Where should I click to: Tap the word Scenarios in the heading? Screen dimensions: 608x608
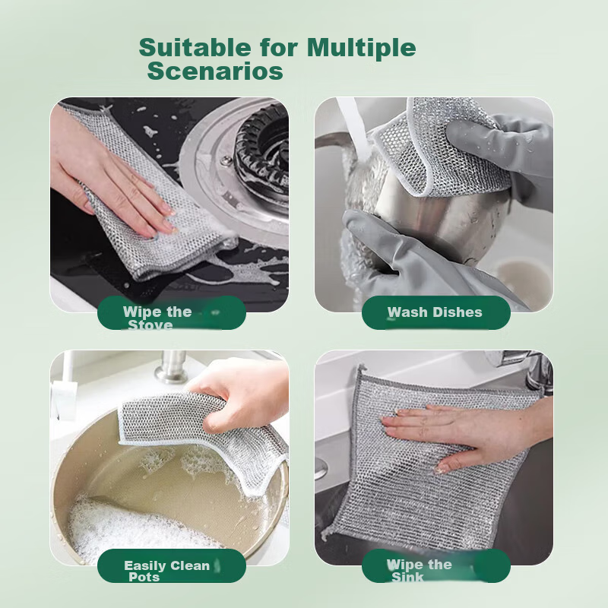215,71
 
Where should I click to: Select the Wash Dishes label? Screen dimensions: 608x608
435,312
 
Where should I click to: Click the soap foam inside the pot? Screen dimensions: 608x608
137,524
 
